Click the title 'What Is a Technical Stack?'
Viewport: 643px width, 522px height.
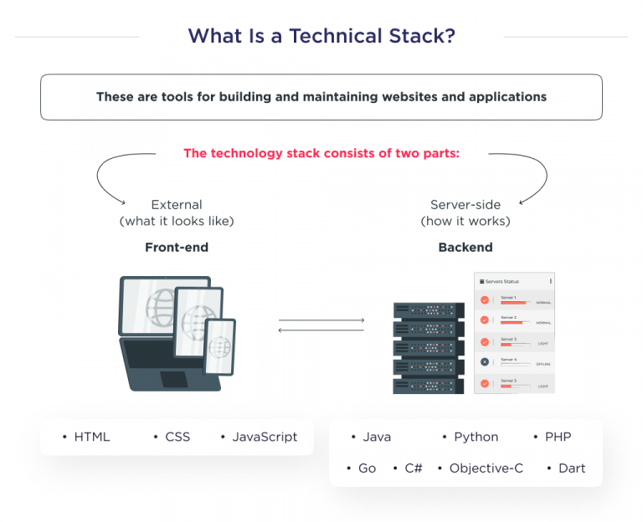(321, 37)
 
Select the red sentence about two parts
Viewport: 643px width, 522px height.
(321, 153)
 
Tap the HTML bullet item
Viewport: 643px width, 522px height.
(91, 437)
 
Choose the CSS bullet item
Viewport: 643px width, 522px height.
(177, 437)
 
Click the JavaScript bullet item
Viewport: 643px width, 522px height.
(264, 437)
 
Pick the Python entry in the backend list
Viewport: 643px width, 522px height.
(476, 437)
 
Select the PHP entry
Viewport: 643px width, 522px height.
(558, 437)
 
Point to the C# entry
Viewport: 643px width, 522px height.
(413, 468)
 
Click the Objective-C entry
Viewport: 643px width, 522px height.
(486, 468)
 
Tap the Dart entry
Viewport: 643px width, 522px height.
(571, 468)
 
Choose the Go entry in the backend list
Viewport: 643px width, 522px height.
(367, 468)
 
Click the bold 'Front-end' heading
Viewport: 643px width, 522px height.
(177, 248)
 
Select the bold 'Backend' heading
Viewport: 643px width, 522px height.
(466, 248)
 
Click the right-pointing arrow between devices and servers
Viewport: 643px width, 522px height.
(321, 320)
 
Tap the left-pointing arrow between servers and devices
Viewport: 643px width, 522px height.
(321, 330)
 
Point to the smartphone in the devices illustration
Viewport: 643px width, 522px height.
(220, 346)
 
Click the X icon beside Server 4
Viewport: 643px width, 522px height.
(484, 361)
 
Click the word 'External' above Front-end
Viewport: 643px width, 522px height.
(177, 205)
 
